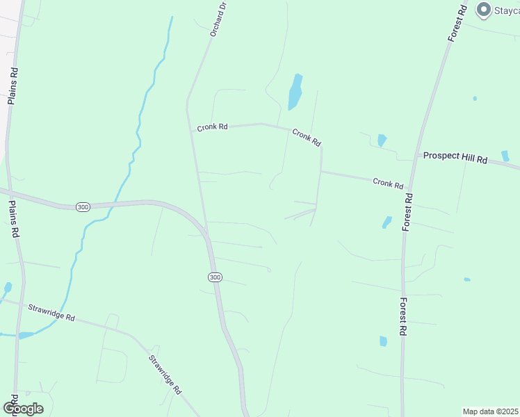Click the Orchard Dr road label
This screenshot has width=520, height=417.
(x=218, y=19)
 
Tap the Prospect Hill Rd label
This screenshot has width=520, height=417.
(x=455, y=158)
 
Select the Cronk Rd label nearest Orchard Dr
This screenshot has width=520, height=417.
(x=212, y=127)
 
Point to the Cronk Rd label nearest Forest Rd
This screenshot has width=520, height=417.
(x=388, y=183)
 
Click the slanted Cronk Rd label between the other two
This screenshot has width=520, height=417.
(x=307, y=137)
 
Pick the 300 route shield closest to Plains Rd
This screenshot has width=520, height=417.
(x=83, y=207)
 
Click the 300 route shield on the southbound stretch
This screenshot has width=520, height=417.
(x=215, y=277)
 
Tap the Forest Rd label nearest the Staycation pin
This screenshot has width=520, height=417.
(x=457, y=24)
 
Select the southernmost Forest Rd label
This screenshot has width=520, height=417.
(x=403, y=317)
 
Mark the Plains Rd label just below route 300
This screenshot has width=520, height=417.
(x=14, y=220)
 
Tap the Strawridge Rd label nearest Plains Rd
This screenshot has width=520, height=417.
(x=51, y=311)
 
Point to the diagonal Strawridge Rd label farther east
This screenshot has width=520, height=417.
(x=165, y=375)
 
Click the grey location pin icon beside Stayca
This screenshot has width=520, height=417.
(x=482, y=10)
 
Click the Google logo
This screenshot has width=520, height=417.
(x=23, y=409)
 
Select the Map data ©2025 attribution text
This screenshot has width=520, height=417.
(x=491, y=411)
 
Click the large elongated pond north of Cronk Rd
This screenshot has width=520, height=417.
(x=295, y=91)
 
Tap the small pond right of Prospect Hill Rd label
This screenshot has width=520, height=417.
(x=505, y=156)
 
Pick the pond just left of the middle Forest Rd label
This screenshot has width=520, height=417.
(x=387, y=222)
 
